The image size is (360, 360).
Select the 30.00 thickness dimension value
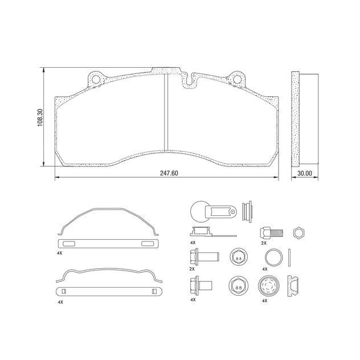305,174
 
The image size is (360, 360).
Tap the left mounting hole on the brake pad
96,79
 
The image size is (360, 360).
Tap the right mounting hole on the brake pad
236,79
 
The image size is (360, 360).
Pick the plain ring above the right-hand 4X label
273,257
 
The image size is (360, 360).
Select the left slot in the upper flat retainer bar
69,244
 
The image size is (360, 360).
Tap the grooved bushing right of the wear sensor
247,211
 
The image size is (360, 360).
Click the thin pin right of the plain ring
290,257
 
